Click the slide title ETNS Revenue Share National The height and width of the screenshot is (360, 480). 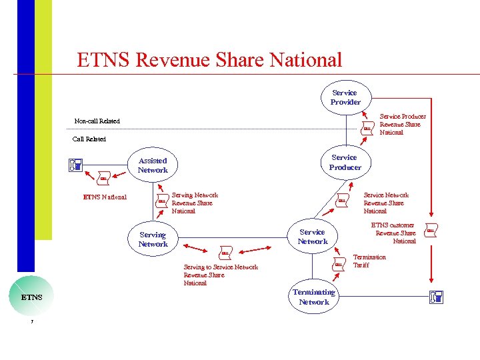point(209,60)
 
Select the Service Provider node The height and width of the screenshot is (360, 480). point(345,97)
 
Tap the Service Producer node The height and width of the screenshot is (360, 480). point(345,162)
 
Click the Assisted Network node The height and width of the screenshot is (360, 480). point(153,165)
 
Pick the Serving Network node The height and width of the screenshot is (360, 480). point(153,239)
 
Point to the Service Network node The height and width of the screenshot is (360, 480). point(312,237)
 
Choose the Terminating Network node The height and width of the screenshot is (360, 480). point(313,297)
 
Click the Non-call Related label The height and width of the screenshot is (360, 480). point(97,121)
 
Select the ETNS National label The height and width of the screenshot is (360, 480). point(104,197)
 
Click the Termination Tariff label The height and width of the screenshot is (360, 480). point(369,261)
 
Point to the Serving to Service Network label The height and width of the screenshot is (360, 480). point(220,275)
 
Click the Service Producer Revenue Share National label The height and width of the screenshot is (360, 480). point(402,124)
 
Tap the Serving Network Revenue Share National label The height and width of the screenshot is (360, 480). point(194,203)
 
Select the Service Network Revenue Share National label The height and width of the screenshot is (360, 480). point(385,203)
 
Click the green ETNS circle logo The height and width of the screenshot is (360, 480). point(31,296)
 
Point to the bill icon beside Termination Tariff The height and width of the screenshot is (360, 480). point(339,265)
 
